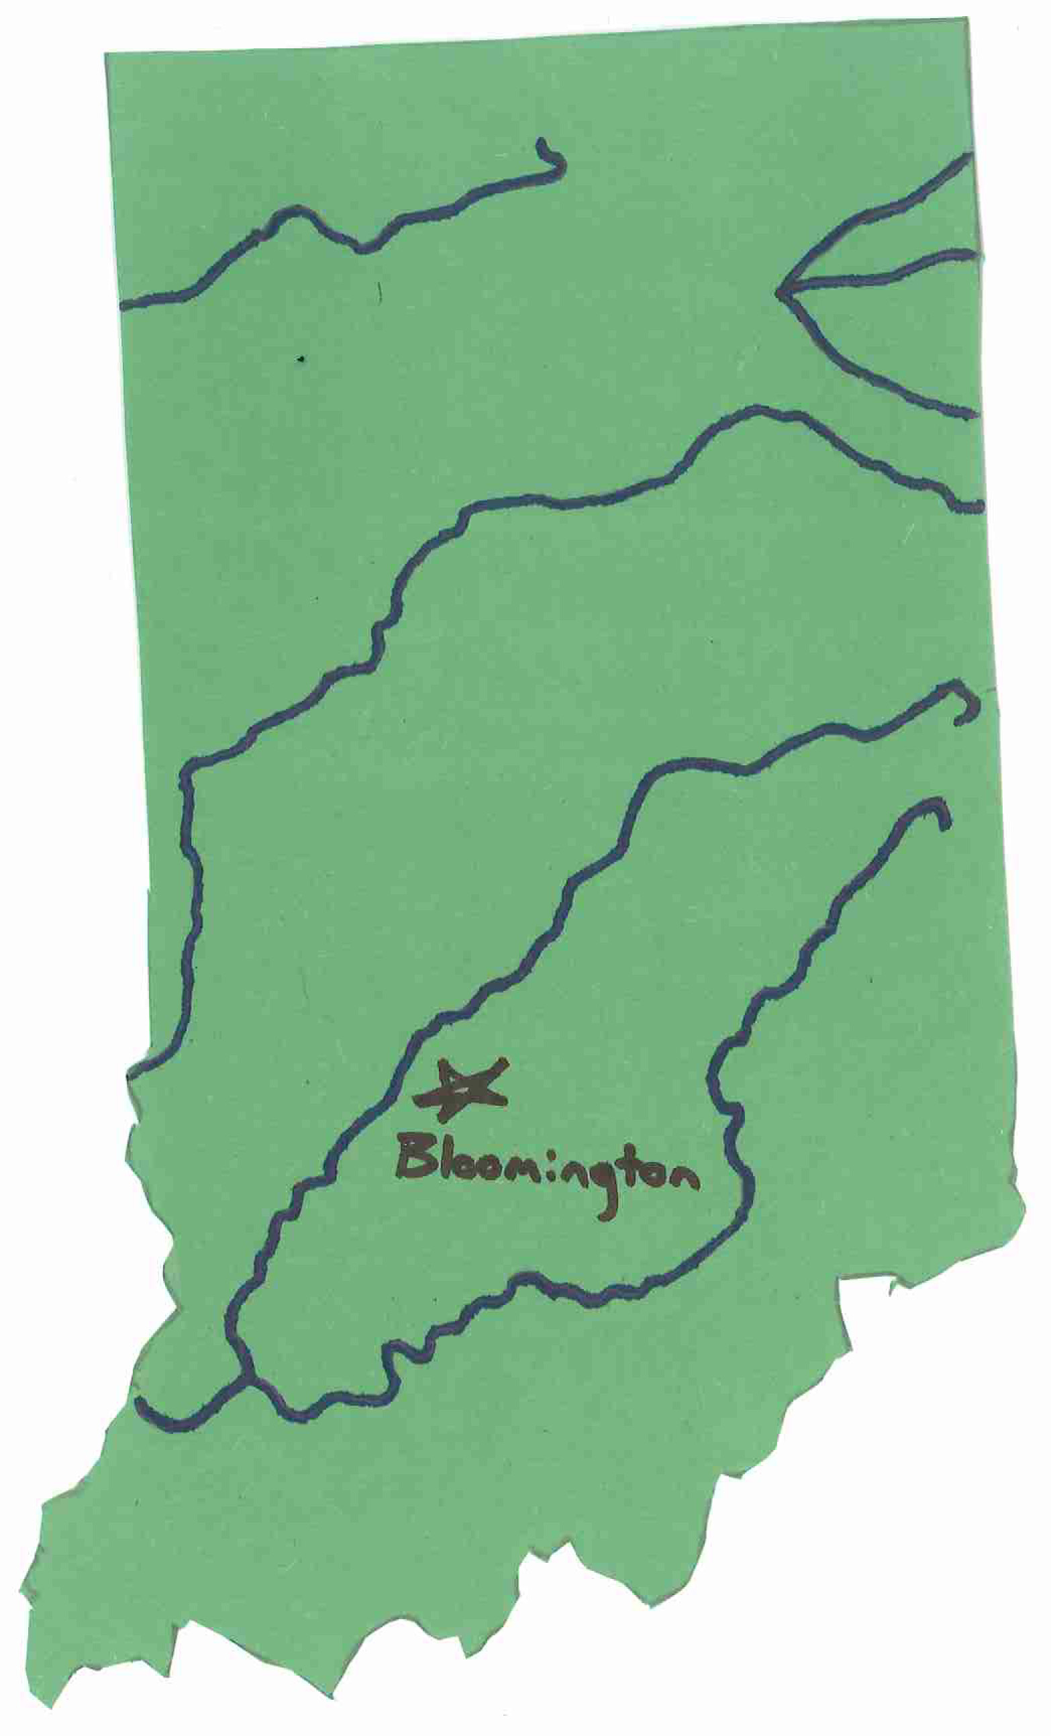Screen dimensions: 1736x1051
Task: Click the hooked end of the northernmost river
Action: [x=542, y=145]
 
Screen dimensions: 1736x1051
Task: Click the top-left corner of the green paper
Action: [x=106, y=54]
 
